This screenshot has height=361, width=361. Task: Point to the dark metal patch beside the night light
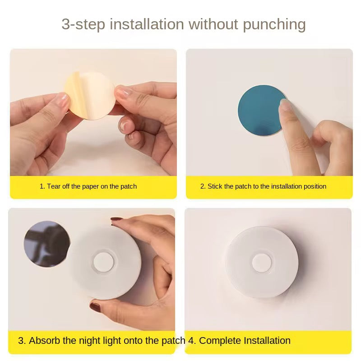(46, 244)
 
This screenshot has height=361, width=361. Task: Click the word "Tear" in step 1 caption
(54, 186)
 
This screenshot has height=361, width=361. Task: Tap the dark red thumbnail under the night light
(95, 307)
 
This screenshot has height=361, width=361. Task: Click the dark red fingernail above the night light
(117, 220)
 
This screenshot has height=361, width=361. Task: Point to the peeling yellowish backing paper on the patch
(73, 90)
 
